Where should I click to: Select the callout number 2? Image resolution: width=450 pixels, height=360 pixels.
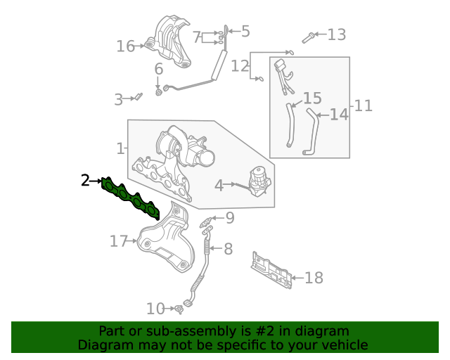(x=85, y=181)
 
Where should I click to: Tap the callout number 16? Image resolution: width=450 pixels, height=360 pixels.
(x=125, y=46)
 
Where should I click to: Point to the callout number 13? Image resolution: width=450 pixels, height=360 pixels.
(x=337, y=34)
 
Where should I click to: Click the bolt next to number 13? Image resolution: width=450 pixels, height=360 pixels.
(x=309, y=37)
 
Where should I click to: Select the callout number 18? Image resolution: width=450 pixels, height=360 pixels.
(x=314, y=278)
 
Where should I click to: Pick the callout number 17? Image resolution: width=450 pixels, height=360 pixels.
(x=118, y=241)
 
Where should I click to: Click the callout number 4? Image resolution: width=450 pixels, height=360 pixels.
(x=219, y=185)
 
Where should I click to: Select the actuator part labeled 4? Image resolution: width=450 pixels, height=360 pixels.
(x=258, y=181)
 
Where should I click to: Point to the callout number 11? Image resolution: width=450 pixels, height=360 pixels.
(x=363, y=106)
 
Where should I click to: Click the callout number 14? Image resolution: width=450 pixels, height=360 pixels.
(x=339, y=114)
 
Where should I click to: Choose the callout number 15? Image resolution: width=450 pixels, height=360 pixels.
(x=312, y=98)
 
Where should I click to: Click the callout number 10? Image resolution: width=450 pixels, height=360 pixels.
(x=155, y=308)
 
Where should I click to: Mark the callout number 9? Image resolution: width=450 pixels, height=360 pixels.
(x=229, y=218)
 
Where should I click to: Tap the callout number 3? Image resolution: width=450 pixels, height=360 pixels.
(x=118, y=100)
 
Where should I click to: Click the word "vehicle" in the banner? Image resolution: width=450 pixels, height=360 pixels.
(x=342, y=345)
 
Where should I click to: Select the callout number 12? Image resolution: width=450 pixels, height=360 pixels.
(x=240, y=66)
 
